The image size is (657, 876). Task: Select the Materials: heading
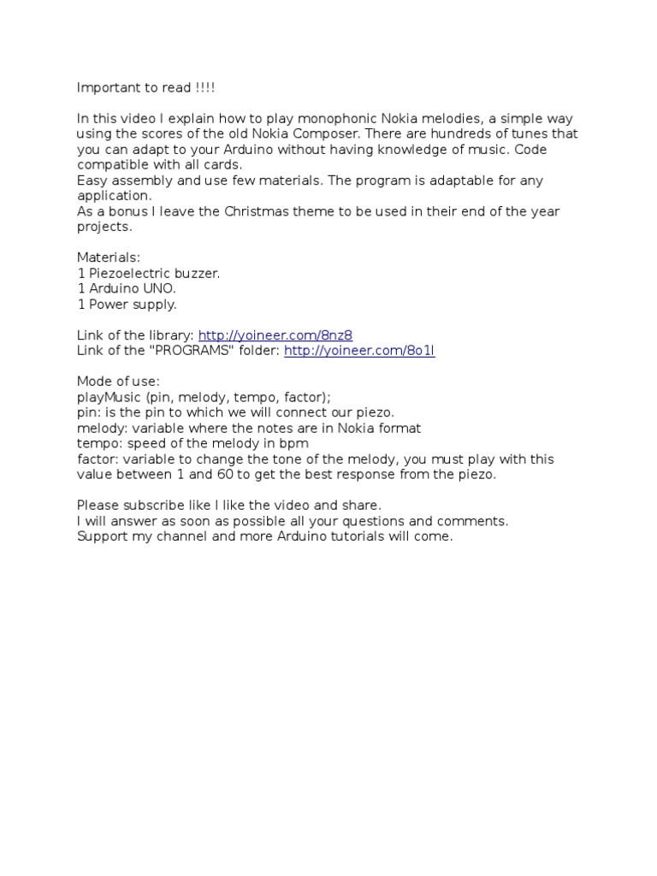click(x=109, y=257)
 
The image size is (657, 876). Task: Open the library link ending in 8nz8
click(x=275, y=334)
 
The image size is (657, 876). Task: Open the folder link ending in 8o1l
click(x=359, y=351)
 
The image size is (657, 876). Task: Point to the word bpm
click(x=294, y=443)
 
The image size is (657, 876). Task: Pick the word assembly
click(x=138, y=181)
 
